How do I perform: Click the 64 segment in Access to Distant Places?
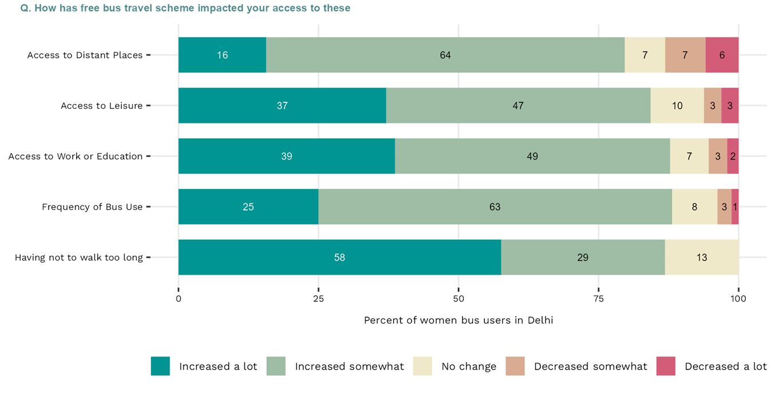click(445, 55)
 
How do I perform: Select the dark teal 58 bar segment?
click(339, 257)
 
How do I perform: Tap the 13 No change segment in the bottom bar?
click(702, 257)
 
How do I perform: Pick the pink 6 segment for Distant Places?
click(722, 55)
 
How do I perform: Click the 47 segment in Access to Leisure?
click(518, 105)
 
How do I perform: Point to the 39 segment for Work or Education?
click(286, 156)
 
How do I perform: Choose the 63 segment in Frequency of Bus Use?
click(495, 207)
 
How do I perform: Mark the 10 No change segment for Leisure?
click(677, 105)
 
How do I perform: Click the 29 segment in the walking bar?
click(583, 257)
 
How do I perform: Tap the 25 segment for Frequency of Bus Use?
click(248, 207)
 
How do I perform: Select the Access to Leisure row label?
click(101, 106)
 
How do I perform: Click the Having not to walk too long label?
click(78, 257)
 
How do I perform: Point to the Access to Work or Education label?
click(75, 156)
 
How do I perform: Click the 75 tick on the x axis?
click(599, 299)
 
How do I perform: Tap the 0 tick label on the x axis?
click(179, 299)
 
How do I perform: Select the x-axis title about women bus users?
click(458, 320)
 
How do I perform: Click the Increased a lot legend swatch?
click(160, 366)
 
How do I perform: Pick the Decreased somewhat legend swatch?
click(515, 366)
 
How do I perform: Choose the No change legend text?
click(469, 367)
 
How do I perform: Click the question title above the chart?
click(185, 8)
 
